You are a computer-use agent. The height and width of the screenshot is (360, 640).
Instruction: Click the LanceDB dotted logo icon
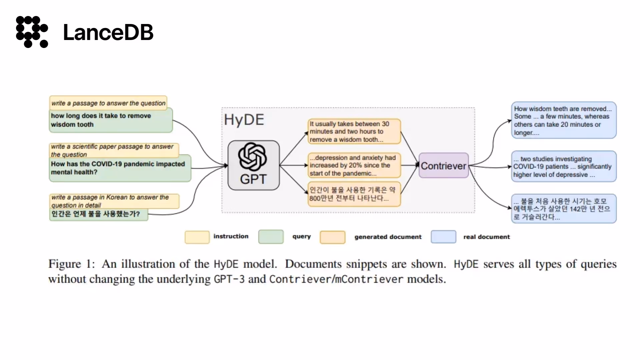pyautogui.click(x=32, y=32)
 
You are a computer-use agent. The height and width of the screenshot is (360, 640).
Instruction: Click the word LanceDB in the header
pyautogui.click(x=108, y=32)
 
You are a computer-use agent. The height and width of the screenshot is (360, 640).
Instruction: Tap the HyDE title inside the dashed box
pyautogui.click(x=244, y=120)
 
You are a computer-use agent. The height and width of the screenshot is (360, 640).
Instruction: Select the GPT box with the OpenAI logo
pyautogui.click(x=254, y=165)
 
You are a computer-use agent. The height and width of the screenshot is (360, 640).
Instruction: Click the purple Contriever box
pyautogui.click(x=444, y=165)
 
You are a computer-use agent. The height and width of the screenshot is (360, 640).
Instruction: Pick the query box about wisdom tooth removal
pyautogui.click(x=111, y=120)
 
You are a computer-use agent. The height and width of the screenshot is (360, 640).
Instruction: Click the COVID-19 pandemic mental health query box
pyautogui.click(x=120, y=168)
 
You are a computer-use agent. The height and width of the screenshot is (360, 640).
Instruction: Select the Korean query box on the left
pyautogui.click(x=99, y=214)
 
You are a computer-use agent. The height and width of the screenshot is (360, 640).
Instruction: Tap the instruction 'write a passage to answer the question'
pyautogui.click(x=108, y=103)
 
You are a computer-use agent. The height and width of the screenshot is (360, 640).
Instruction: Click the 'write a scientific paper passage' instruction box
pyautogui.click(x=114, y=150)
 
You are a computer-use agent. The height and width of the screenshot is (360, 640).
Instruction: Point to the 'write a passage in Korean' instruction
pyautogui.click(x=114, y=201)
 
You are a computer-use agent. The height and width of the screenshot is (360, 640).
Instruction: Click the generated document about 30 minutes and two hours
pyautogui.click(x=354, y=132)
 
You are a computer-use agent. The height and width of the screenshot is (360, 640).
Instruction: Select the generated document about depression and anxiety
pyautogui.click(x=354, y=165)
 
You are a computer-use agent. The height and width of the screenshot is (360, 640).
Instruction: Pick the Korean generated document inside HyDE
pyautogui.click(x=354, y=194)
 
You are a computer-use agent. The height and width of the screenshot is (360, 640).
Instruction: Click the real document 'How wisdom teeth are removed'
pyautogui.click(x=564, y=120)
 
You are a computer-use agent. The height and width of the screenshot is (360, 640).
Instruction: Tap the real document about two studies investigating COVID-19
pyautogui.click(x=564, y=166)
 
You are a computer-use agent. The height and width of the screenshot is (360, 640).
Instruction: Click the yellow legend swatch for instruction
pyautogui.click(x=197, y=237)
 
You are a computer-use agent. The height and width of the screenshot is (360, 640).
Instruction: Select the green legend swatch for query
pyautogui.click(x=271, y=237)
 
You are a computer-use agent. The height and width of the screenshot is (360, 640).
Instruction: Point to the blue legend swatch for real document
pyautogui.click(x=443, y=237)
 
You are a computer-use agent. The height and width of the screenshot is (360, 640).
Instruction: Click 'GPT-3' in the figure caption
pyautogui.click(x=229, y=279)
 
